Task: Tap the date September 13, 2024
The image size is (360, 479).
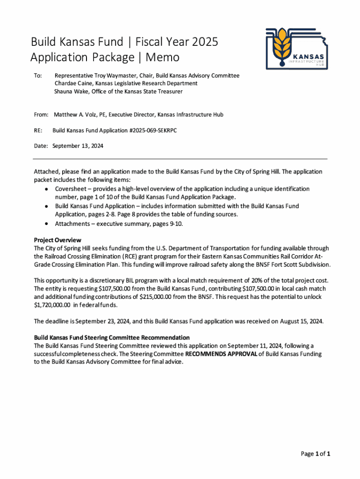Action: pos(78,146)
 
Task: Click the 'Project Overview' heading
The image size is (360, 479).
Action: pos(58,240)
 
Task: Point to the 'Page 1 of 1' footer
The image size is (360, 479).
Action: pos(316,454)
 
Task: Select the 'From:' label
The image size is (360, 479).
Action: pos(42,114)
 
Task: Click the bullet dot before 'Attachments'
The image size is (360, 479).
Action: pos(45,224)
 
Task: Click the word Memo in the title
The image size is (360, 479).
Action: pos(162,58)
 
